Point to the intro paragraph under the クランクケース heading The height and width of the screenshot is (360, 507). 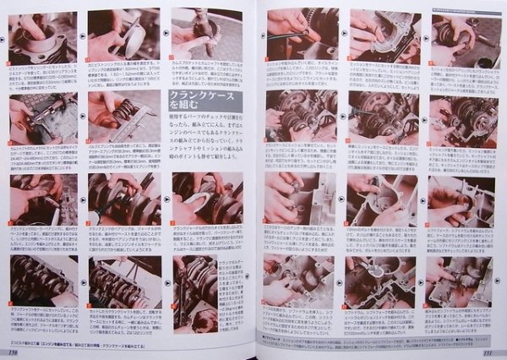(x=203, y=148)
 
